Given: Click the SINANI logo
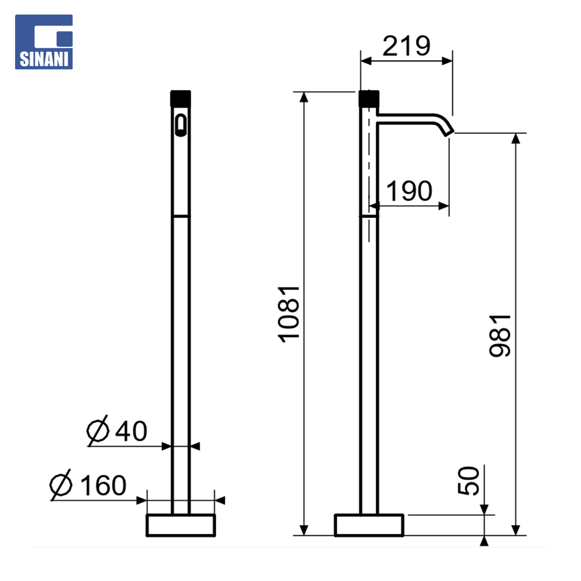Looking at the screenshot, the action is [44, 42].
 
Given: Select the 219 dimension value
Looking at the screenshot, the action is [407, 46].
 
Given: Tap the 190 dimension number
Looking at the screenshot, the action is [409, 191].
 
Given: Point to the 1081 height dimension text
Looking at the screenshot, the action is [289, 314].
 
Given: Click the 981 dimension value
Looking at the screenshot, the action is [500, 336].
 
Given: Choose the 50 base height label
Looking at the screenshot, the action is [469, 480].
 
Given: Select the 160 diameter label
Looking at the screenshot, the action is [103, 485].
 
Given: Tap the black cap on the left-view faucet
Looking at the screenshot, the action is [180, 99].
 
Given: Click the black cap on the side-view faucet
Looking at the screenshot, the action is [369, 99].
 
